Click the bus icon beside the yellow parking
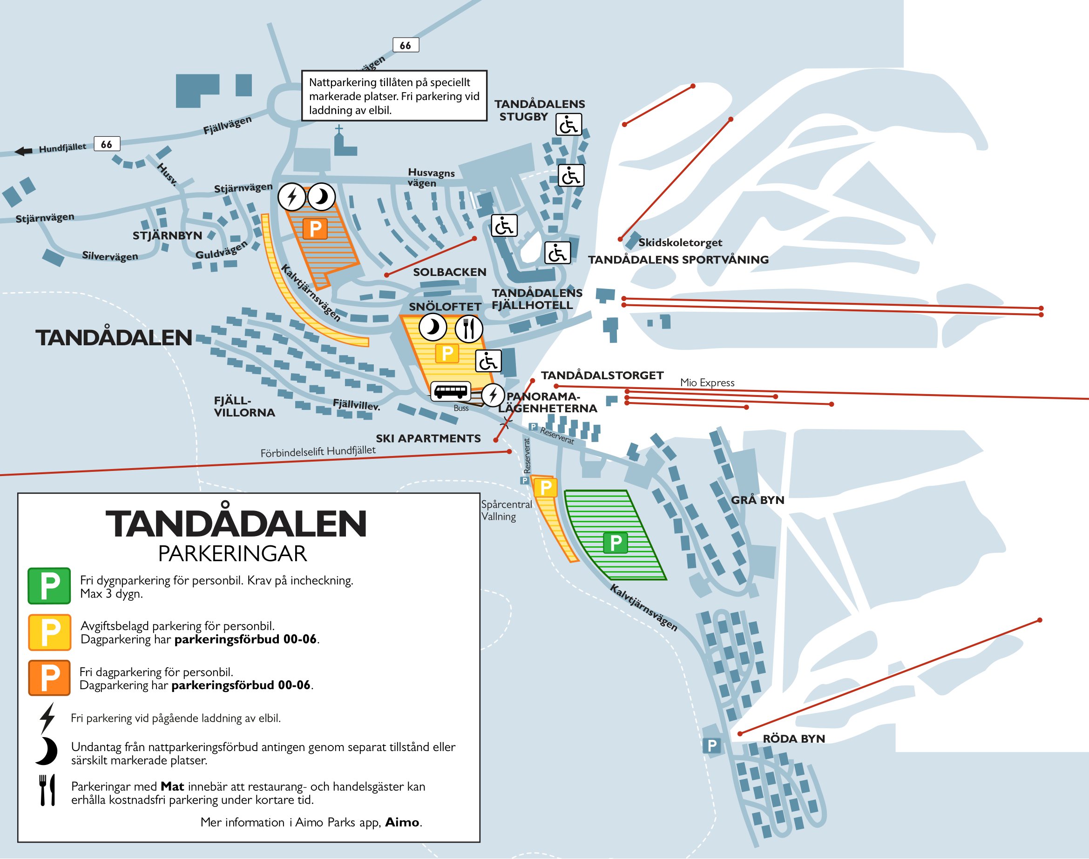click(x=450, y=391)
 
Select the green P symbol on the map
click(x=615, y=543)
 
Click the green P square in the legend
click(x=49, y=585)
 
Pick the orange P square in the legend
click(x=49, y=678)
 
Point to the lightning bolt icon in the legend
click(x=47, y=718)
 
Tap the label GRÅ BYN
click(x=758, y=500)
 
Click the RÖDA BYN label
click(x=794, y=738)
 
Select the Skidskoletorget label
click(x=680, y=242)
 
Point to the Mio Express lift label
click(x=707, y=382)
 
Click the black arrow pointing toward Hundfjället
click(x=23, y=151)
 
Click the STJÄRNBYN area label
click(x=167, y=235)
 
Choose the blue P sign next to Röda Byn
click(x=711, y=745)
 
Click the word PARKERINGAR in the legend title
click(x=232, y=554)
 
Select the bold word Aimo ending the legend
click(x=403, y=822)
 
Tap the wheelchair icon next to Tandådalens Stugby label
click(x=568, y=124)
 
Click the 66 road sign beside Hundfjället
click(x=107, y=144)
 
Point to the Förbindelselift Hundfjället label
click(x=318, y=451)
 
